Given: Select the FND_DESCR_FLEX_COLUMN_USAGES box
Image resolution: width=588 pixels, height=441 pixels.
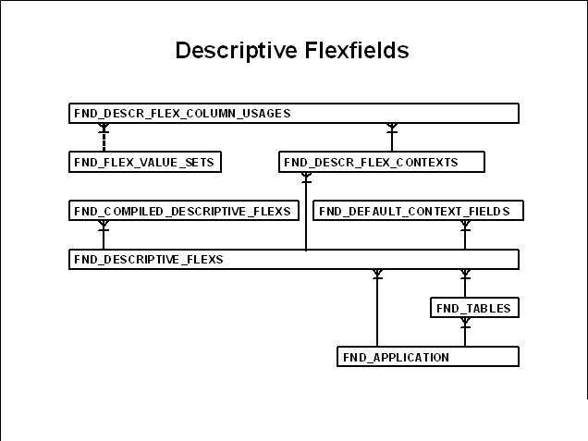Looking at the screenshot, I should tap(293, 114).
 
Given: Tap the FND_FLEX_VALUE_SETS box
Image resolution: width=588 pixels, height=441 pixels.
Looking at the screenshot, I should tap(145, 163).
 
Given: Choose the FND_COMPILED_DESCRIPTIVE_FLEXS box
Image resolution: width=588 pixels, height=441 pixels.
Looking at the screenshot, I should tap(183, 212).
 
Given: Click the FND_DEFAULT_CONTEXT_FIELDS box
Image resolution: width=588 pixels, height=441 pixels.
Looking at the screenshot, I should tap(416, 212).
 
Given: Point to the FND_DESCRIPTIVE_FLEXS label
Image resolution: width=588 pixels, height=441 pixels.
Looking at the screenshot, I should tap(149, 260).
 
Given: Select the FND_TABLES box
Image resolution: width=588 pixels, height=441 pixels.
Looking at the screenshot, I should tap(473, 309).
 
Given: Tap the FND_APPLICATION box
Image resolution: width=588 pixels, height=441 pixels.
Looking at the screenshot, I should tap(427, 357).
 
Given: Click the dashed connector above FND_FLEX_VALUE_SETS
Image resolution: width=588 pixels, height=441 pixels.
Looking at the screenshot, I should tap(104, 141).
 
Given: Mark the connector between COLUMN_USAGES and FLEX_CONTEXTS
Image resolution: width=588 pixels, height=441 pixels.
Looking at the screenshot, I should tap(392, 139).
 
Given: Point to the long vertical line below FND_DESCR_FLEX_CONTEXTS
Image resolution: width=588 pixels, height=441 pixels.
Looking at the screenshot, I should tap(305, 217).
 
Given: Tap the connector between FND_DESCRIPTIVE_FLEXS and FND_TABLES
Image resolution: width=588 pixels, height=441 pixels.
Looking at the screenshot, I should tap(465, 285).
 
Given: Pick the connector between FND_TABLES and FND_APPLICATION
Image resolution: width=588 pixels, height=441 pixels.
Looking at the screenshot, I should tap(465, 333).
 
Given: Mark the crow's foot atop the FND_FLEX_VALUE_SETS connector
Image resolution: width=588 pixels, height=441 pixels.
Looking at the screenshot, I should tap(104, 127).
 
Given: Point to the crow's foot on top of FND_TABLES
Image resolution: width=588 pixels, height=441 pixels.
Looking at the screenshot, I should tap(465, 275).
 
